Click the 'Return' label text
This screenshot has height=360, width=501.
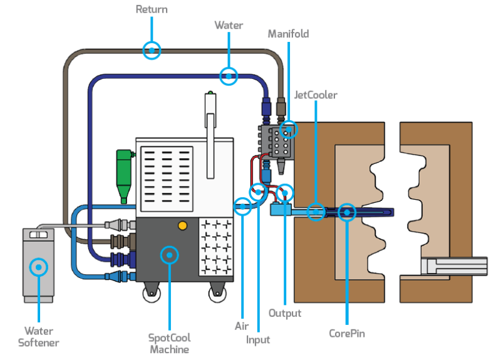pos(152,9)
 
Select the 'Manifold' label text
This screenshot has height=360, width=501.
pos(288,34)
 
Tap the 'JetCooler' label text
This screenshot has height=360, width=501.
pos(316,95)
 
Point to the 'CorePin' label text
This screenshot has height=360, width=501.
pos(346,334)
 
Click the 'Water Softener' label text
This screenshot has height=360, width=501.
pos(39,336)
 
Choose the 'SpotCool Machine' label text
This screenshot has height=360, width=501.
pos(169,343)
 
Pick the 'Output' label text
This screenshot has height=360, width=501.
pos(285,313)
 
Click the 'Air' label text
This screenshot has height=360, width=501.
pos(242,326)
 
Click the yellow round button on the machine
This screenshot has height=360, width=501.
pos(182,225)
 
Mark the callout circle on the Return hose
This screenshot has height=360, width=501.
pos(152,49)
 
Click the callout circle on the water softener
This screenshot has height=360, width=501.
pos(39,267)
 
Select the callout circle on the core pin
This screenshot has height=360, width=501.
pos(346,213)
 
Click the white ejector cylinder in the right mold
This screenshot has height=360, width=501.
pos(453,266)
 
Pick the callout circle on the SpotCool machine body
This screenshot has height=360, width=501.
pos(169,255)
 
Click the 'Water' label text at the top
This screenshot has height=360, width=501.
pos(229,25)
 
